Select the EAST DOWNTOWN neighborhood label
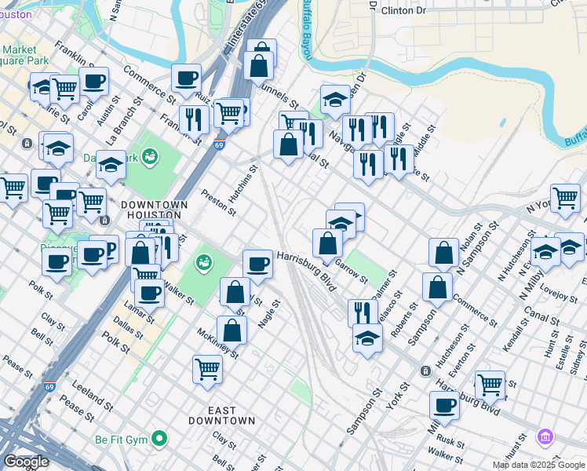221,415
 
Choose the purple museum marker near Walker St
544,436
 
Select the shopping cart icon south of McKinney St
207,367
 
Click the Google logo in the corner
26,462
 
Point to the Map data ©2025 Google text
538,465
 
